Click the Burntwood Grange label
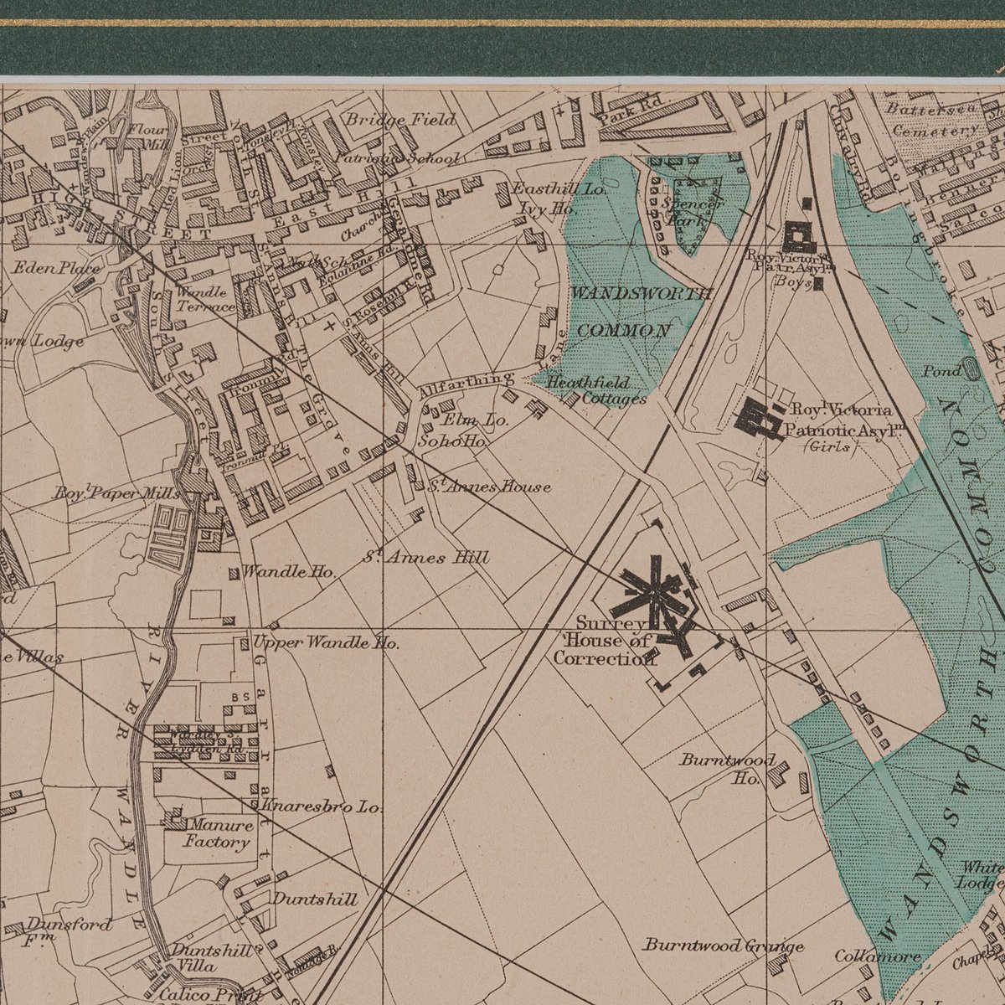[724, 946]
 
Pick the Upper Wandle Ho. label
[326, 643]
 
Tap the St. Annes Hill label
[426, 557]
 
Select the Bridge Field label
[402, 120]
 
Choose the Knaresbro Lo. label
[322, 807]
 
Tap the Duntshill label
[315, 899]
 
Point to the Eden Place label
[55, 269]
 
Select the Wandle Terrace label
[205, 299]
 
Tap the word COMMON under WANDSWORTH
[623, 330]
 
